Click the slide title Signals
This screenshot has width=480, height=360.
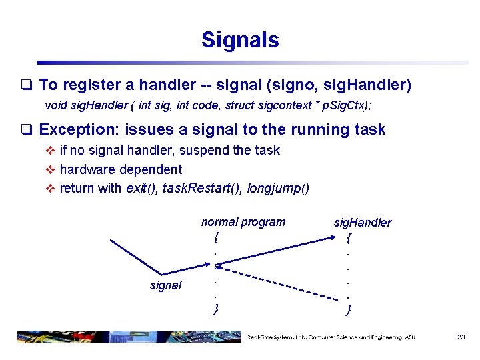coord(240,40)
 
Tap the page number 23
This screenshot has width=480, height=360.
coord(461,337)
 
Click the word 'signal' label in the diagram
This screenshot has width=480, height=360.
coord(165,285)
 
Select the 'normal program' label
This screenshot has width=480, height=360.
coord(243,222)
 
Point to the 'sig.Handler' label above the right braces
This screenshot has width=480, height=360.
coord(362,223)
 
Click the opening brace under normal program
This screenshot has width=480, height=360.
coord(216,236)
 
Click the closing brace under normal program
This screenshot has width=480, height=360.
coord(216,308)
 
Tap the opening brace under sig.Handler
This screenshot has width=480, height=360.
coord(349,237)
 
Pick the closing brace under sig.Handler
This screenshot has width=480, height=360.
coord(349,308)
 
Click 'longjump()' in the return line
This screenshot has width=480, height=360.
coord(278,188)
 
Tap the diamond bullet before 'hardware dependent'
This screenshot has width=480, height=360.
coord(50,169)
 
